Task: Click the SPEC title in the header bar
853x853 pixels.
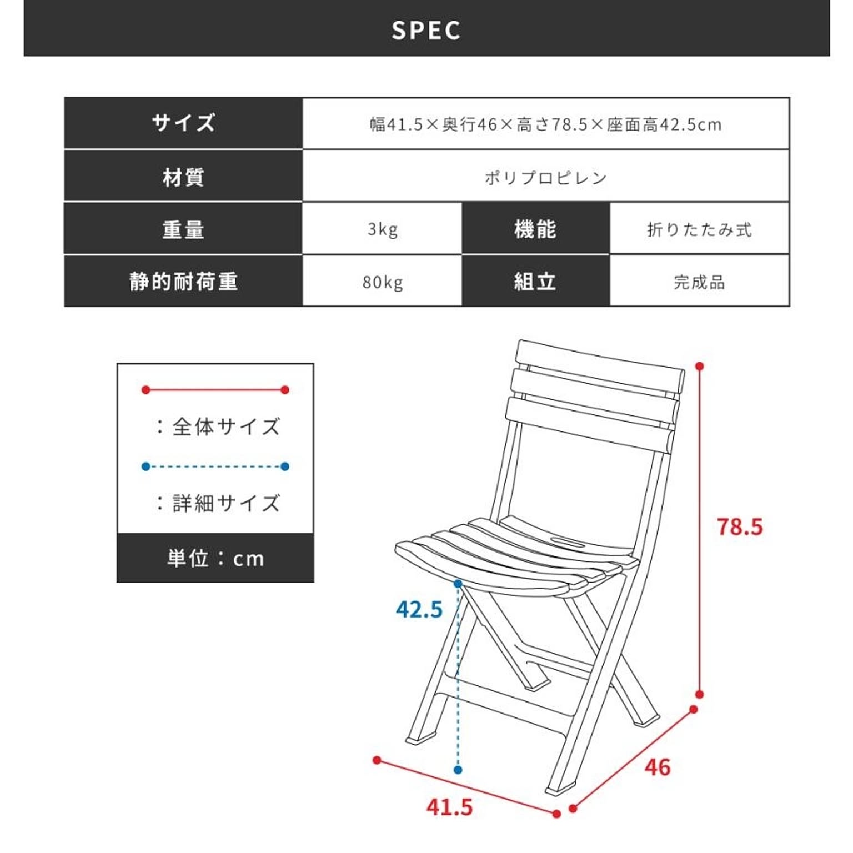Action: [426, 31]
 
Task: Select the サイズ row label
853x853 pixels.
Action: [183, 123]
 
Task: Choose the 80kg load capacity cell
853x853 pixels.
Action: [382, 282]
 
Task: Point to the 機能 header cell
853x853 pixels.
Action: [535, 229]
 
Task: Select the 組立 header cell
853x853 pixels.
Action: [535, 282]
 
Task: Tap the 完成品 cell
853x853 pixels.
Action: [699, 282]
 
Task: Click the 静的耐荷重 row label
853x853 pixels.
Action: [183, 282]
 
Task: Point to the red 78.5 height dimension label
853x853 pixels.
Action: [740, 526]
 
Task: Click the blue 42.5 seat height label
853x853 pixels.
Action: [419, 609]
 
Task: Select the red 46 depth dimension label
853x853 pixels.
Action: [658, 767]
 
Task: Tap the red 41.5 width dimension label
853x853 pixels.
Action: [450, 807]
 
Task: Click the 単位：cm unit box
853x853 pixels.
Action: [215, 558]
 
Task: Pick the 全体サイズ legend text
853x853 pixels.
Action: [226, 426]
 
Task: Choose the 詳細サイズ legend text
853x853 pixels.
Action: [226, 503]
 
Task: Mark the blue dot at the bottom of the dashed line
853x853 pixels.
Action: [458, 770]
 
